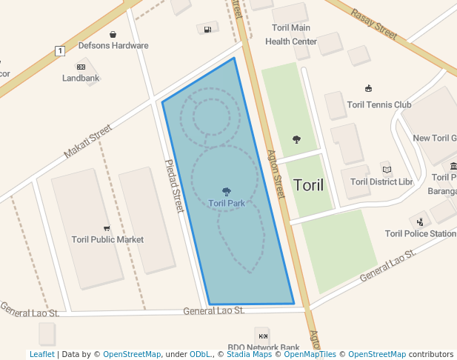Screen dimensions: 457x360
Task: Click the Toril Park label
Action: [227, 203]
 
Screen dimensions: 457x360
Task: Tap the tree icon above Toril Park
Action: [227, 192]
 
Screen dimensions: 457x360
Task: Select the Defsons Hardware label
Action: [113, 45]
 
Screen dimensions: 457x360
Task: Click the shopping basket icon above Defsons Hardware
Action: [113, 34]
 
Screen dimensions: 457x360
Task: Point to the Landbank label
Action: [81, 78]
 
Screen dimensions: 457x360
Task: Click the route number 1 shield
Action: [59, 50]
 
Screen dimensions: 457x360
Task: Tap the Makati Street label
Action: [87, 141]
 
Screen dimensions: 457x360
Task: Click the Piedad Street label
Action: [173, 187]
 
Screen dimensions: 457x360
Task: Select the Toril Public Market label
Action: [107, 239]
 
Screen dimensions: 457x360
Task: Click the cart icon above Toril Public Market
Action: [107, 228]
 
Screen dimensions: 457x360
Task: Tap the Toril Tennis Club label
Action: [378, 104]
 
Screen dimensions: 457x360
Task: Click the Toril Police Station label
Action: [420, 233]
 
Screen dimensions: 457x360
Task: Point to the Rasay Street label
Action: [374, 23]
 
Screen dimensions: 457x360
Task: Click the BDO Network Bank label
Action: [263, 347]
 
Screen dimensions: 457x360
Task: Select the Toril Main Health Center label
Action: [290, 35]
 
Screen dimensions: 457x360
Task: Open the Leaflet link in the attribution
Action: [41, 355]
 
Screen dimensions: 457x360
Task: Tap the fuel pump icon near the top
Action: [207, 29]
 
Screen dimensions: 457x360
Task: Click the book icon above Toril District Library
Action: [386, 169]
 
